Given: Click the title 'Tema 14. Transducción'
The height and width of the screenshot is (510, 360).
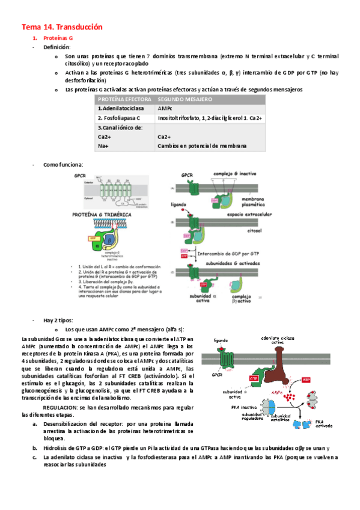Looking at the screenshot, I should coord(63,27).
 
